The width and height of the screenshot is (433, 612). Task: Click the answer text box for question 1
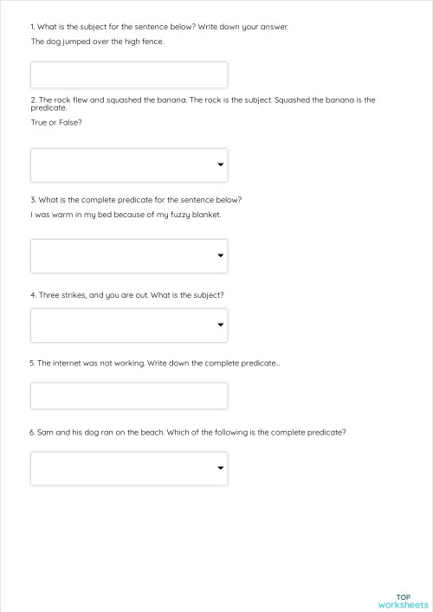coord(129,74)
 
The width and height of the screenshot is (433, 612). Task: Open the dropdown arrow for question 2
coord(221,164)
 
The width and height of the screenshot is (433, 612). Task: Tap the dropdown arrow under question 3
coord(221,255)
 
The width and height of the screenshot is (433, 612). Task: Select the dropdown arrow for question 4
coord(221,325)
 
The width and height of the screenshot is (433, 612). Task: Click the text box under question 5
coord(129,396)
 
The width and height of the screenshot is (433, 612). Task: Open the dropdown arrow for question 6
coord(221,468)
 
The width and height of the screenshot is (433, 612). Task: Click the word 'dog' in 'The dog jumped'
coord(51,42)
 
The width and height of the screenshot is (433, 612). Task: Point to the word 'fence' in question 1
coord(152,42)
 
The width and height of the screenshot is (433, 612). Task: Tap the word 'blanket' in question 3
coord(206,215)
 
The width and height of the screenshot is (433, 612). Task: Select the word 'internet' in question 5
coord(68,363)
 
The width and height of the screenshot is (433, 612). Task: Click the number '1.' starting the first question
coord(33,27)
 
